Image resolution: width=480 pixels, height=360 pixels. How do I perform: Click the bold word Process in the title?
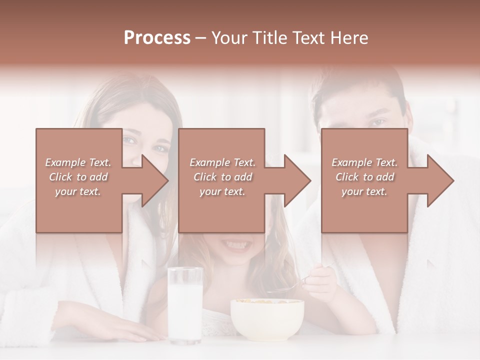(157, 37)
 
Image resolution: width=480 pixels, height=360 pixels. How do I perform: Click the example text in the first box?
(78, 177)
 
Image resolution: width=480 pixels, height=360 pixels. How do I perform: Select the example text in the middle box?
(222, 177)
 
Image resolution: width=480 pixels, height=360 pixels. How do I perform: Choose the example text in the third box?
(364, 177)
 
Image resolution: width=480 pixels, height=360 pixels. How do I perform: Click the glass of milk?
(185, 305)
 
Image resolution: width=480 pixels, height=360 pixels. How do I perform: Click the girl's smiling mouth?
(235, 245)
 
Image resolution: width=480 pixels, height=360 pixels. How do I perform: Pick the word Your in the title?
(227, 37)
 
